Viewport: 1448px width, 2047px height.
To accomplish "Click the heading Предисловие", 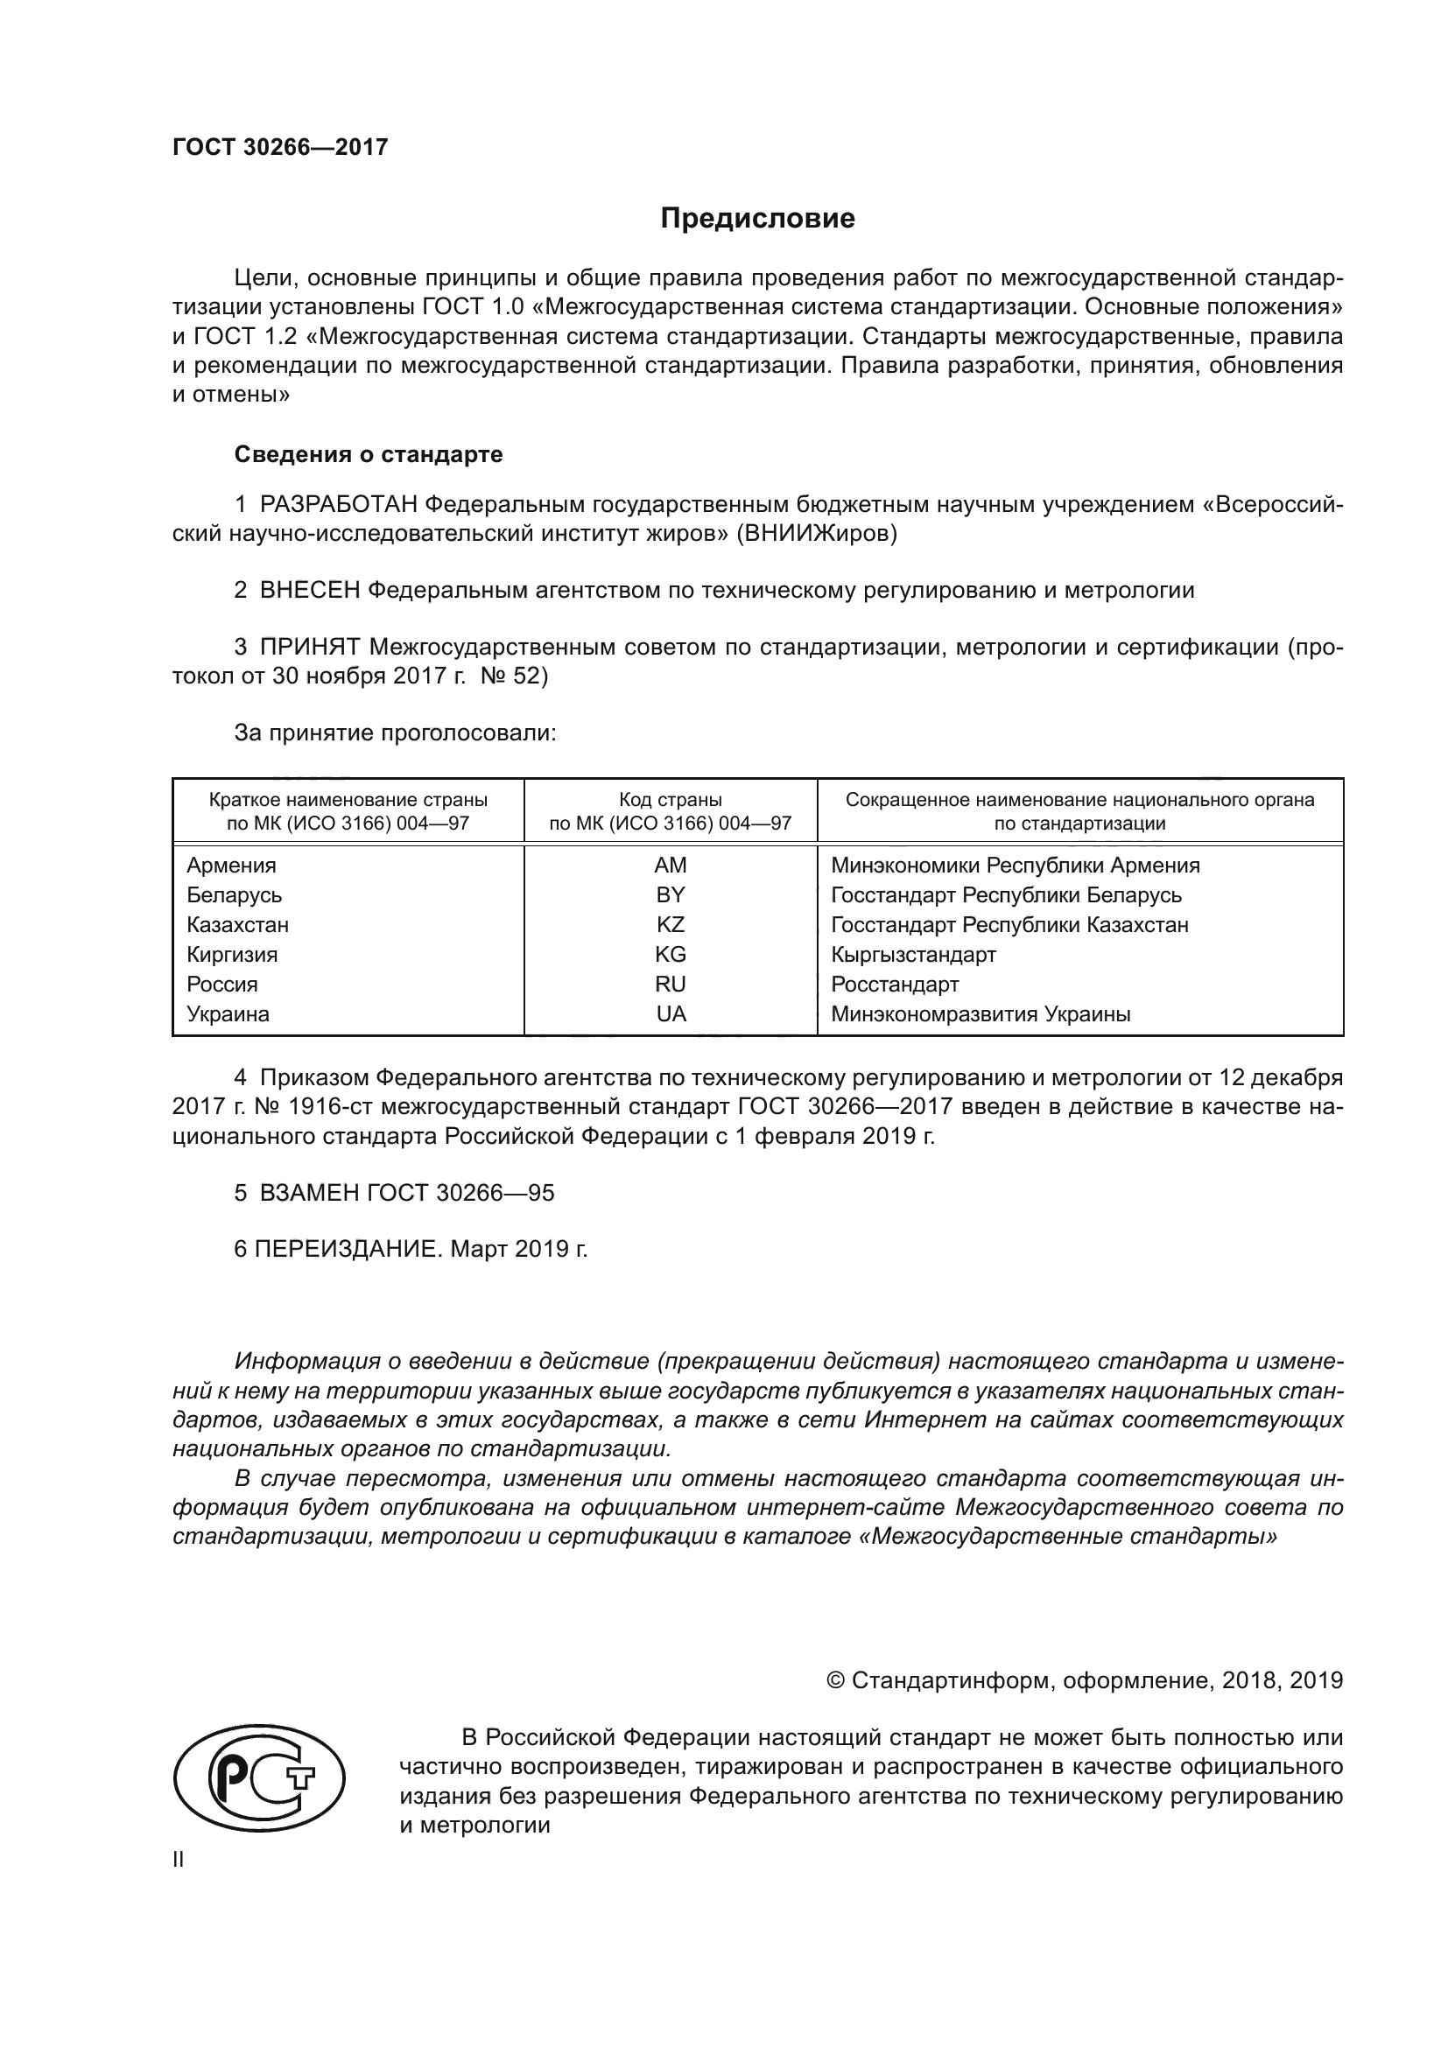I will pyautogui.click(x=757, y=219).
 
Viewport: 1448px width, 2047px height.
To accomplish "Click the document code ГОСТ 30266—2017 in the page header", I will pyautogui.click(x=280, y=148).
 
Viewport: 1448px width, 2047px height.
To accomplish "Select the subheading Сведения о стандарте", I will pyautogui.click(x=369, y=455).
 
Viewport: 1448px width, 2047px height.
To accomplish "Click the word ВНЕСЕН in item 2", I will pyautogui.click(x=309, y=590).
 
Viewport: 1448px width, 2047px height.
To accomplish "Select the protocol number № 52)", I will pyautogui.click(x=514, y=676).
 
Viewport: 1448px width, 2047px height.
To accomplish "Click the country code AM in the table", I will pyautogui.click(x=671, y=866).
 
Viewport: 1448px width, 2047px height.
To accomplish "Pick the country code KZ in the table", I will pyautogui.click(x=671, y=924).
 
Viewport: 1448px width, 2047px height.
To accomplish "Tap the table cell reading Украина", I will pyautogui.click(x=228, y=1013).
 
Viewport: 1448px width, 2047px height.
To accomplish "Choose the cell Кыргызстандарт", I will pyautogui.click(x=913, y=955).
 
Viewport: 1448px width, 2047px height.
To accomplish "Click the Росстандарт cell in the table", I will pyautogui.click(x=895, y=985).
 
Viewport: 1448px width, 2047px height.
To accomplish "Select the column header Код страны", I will pyautogui.click(x=671, y=801).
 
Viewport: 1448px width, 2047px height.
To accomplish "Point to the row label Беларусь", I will pyautogui.click(x=235, y=895).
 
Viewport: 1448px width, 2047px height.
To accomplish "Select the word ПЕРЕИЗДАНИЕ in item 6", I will pyautogui.click(x=348, y=1249).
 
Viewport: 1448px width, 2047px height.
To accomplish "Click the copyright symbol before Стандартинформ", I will pyautogui.click(x=835, y=1680).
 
